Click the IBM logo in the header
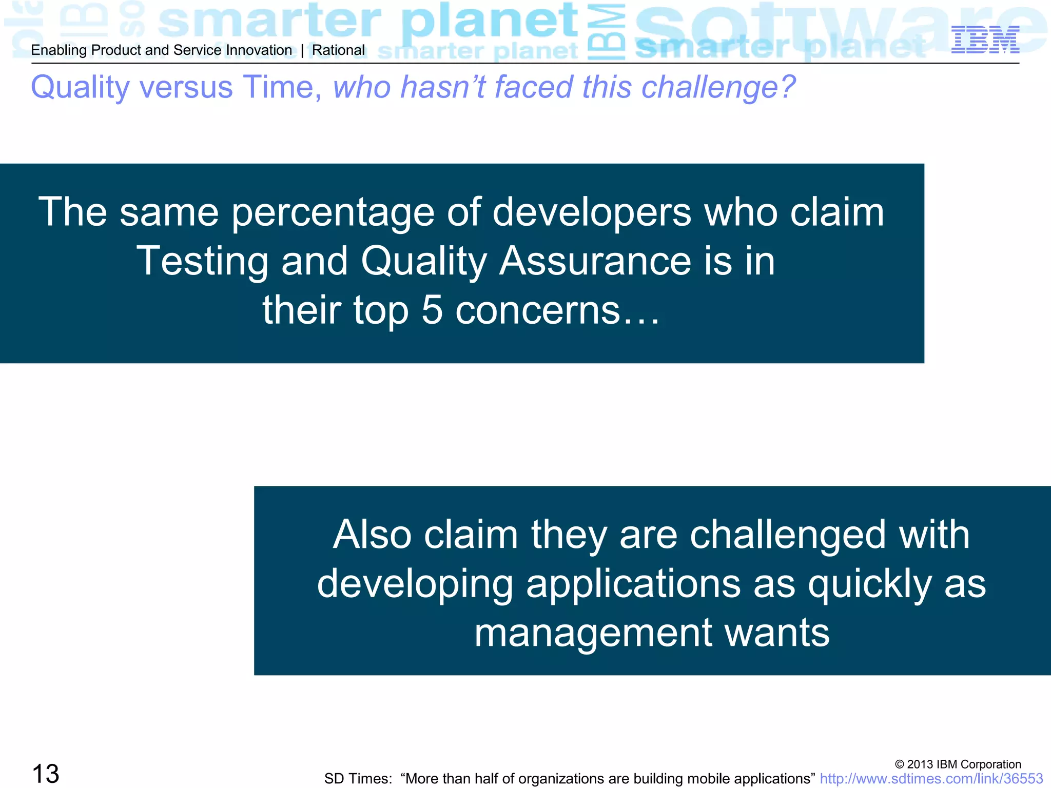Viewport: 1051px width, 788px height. click(x=985, y=40)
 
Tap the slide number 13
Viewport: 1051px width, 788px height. click(x=46, y=773)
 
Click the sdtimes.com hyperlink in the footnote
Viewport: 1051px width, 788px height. click(x=931, y=778)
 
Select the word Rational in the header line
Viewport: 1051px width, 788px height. click(x=338, y=50)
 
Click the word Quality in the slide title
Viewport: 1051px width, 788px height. click(x=81, y=87)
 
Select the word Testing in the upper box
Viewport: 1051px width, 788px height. click(x=202, y=261)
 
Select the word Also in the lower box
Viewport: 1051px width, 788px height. click(x=372, y=535)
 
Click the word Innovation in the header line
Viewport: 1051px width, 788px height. click(x=259, y=50)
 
